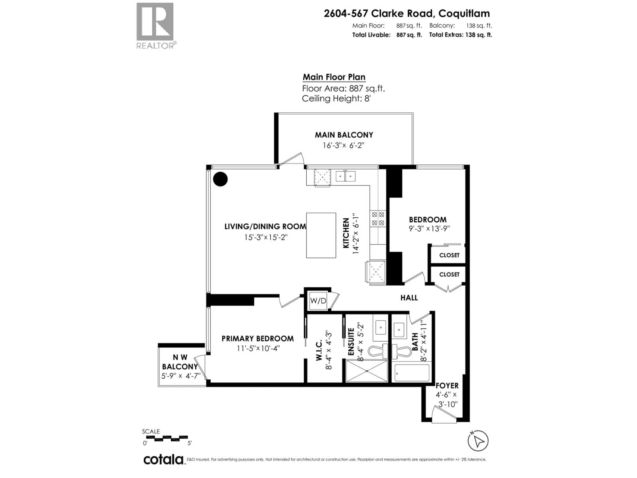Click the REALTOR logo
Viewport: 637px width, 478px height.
pyautogui.click(x=155, y=25)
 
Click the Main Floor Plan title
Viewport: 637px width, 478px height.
pyautogui.click(x=334, y=77)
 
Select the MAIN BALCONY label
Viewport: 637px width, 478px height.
pyautogui.click(x=344, y=135)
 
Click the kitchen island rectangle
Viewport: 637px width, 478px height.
pyautogui.click(x=321, y=235)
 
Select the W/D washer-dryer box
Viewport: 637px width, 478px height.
pyautogui.click(x=318, y=301)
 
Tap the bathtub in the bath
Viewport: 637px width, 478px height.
pyautogui.click(x=412, y=373)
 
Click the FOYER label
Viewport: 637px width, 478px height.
pyautogui.click(x=447, y=386)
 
